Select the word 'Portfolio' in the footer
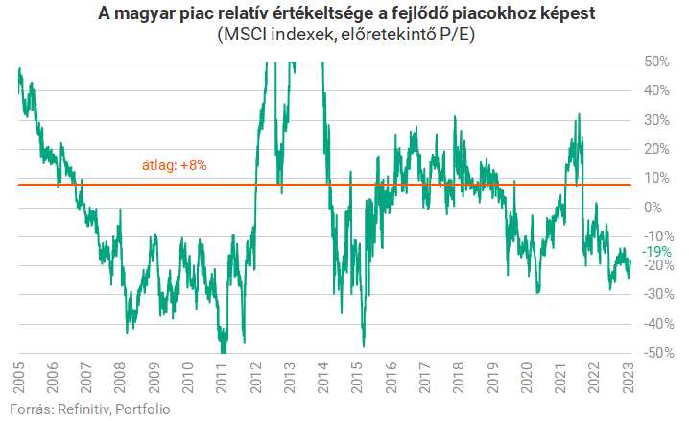143,410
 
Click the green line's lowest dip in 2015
364,345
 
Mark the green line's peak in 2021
579,115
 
